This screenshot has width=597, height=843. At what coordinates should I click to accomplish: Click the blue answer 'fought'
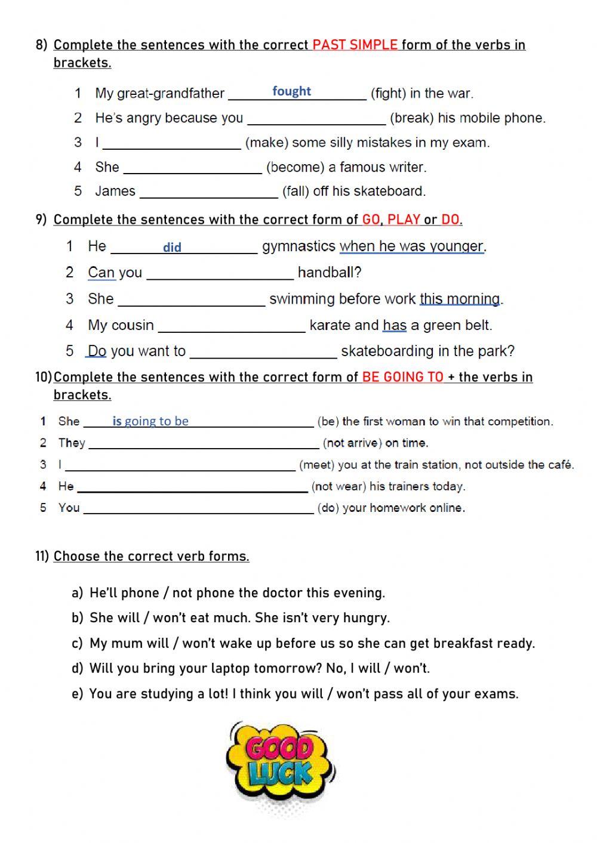(x=291, y=91)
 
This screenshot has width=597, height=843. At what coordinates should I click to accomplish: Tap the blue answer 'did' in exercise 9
(x=172, y=247)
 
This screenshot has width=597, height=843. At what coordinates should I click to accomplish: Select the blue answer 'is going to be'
(x=150, y=421)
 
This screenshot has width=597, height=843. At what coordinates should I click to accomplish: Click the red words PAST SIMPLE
(x=355, y=45)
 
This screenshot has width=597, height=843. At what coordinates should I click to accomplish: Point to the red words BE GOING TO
(x=403, y=377)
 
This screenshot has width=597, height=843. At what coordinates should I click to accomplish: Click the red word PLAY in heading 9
(x=404, y=220)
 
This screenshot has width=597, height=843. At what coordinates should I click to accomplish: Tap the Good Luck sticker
(x=280, y=765)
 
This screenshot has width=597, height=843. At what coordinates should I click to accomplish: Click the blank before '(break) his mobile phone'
(x=316, y=118)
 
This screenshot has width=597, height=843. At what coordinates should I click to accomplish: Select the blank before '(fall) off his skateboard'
(x=209, y=192)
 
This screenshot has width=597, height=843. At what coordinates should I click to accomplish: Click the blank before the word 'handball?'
(x=220, y=273)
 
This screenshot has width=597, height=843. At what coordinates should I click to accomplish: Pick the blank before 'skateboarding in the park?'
(x=263, y=352)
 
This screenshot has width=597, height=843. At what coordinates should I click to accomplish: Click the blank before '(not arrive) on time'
(x=204, y=443)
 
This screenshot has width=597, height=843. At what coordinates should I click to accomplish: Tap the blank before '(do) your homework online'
(x=198, y=508)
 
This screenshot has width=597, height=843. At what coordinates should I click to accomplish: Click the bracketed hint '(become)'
(x=296, y=167)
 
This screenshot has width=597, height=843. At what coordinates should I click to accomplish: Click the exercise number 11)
(x=42, y=556)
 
